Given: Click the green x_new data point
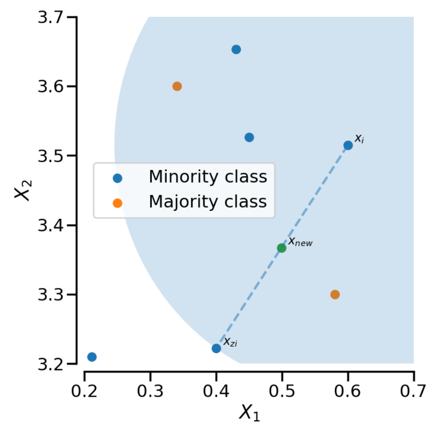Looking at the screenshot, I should point(282,248).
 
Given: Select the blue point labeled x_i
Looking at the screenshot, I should point(348,145).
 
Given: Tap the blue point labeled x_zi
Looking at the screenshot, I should point(216,348).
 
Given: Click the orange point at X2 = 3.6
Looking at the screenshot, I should point(177,86).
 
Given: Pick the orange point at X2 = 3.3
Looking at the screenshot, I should point(335,295).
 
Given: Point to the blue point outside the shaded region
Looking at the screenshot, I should point(92,357).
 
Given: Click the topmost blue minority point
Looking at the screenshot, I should point(236,49).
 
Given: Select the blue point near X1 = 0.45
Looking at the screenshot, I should point(249,137).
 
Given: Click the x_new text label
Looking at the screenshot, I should point(301,242).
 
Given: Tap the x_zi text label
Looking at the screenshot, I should point(230,341).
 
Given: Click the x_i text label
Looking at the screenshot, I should point(359,139).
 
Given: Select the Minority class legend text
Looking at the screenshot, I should point(208,177).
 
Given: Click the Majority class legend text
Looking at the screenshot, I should point(208,202).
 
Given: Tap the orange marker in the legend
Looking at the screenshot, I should point(117,203).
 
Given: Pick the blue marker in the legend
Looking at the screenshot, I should point(117,178).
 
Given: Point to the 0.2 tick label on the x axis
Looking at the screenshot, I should point(84,391).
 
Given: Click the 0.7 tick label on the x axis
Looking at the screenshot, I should point(413,391).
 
